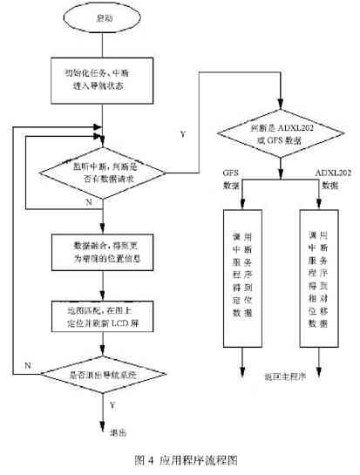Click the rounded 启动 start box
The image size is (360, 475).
pyautogui.click(x=102, y=17)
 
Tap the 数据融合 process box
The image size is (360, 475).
pyautogui.click(x=102, y=252)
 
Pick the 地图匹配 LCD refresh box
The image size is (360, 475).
pyautogui.click(x=102, y=313)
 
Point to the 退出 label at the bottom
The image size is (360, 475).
pyautogui.click(x=117, y=431)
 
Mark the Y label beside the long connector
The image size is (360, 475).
pyautogui.click(x=182, y=134)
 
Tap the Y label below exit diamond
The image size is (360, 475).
pyautogui.click(x=112, y=404)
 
